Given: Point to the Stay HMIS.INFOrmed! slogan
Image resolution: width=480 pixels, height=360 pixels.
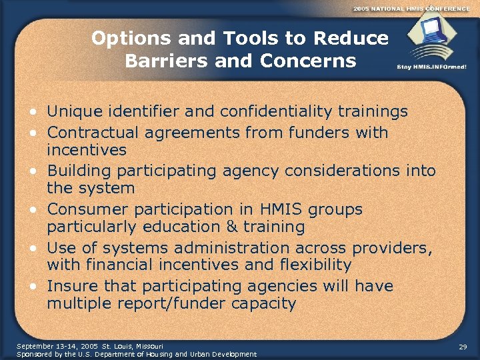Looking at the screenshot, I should click(431, 67).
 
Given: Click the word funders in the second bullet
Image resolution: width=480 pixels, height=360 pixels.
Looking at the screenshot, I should click(319, 133).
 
